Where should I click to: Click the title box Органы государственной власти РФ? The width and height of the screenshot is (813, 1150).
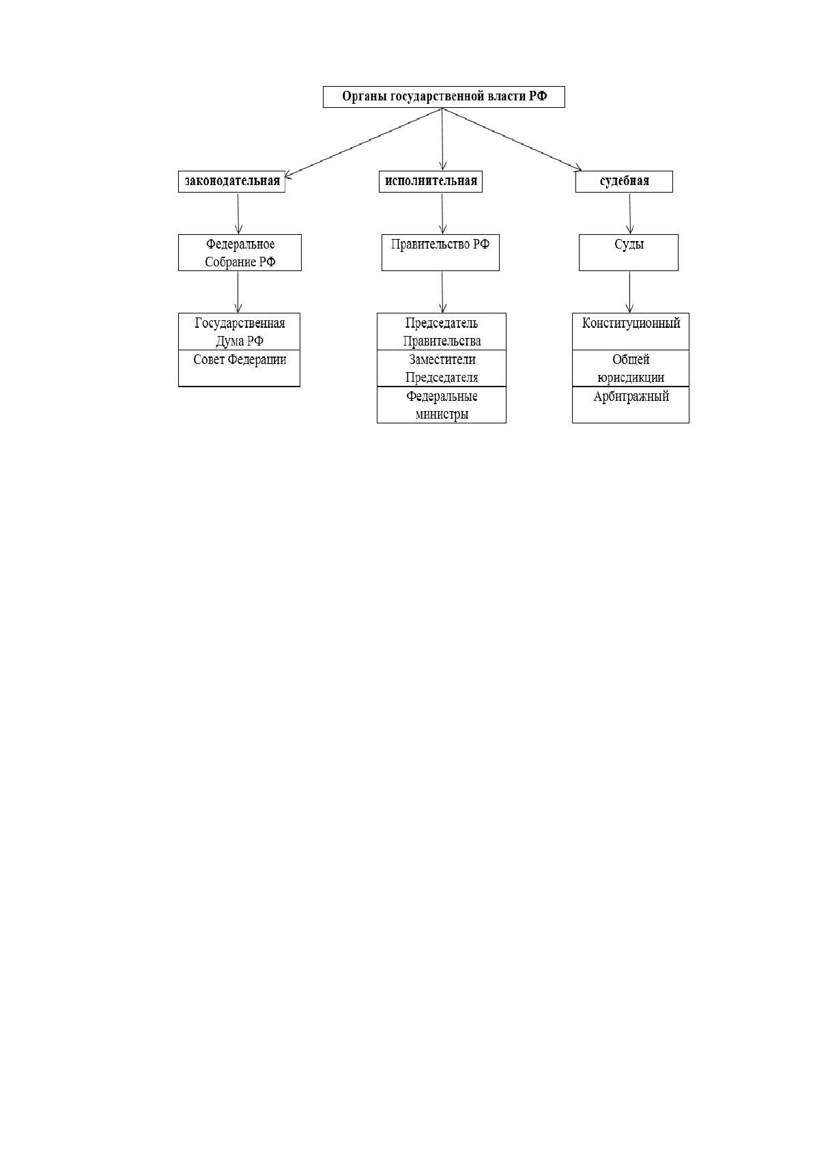pyautogui.click(x=444, y=97)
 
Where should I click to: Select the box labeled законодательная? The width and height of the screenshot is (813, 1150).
pyautogui.click(x=231, y=182)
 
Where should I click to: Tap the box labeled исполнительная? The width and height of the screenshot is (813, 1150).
pyautogui.click(x=431, y=182)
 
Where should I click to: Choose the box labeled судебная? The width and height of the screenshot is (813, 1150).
pyautogui.click(x=624, y=182)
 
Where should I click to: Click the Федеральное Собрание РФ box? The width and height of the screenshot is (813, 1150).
pyautogui.click(x=240, y=253)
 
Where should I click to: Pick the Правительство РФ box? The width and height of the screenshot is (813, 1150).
pyautogui.click(x=440, y=253)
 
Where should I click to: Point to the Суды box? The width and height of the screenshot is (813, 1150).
pyautogui.click(x=628, y=253)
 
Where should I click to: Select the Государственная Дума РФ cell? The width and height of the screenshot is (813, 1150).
pyautogui.click(x=239, y=332)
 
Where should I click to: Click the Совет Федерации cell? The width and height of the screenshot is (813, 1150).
pyautogui.click(x=239, y=368)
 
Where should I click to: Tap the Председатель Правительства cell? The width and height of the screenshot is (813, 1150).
pyautogui.click(x=442, y=332)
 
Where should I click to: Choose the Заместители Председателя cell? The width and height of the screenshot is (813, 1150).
pyautogui.click(x=442, y=368)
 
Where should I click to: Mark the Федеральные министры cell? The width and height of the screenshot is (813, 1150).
pyautogui.click(x=442, y=405)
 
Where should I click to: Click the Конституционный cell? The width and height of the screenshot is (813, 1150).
pyautogui.click(x=631, y=332)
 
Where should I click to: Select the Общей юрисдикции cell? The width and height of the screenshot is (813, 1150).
pyautogui.click(x=631, y=368)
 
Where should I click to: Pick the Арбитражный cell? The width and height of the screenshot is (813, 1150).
pyautogui.click(x=631, y=405)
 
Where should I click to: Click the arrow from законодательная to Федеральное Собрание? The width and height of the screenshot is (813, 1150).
pyautogui.click(x=238, y=214)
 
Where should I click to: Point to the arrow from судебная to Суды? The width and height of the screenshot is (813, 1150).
pyautogui.click(x=630, y=214)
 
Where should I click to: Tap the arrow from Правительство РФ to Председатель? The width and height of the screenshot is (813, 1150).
pyautogui.click(x=442, y=292)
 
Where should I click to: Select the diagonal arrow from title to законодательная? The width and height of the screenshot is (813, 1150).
pyautogui.click(x=363, y=143)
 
